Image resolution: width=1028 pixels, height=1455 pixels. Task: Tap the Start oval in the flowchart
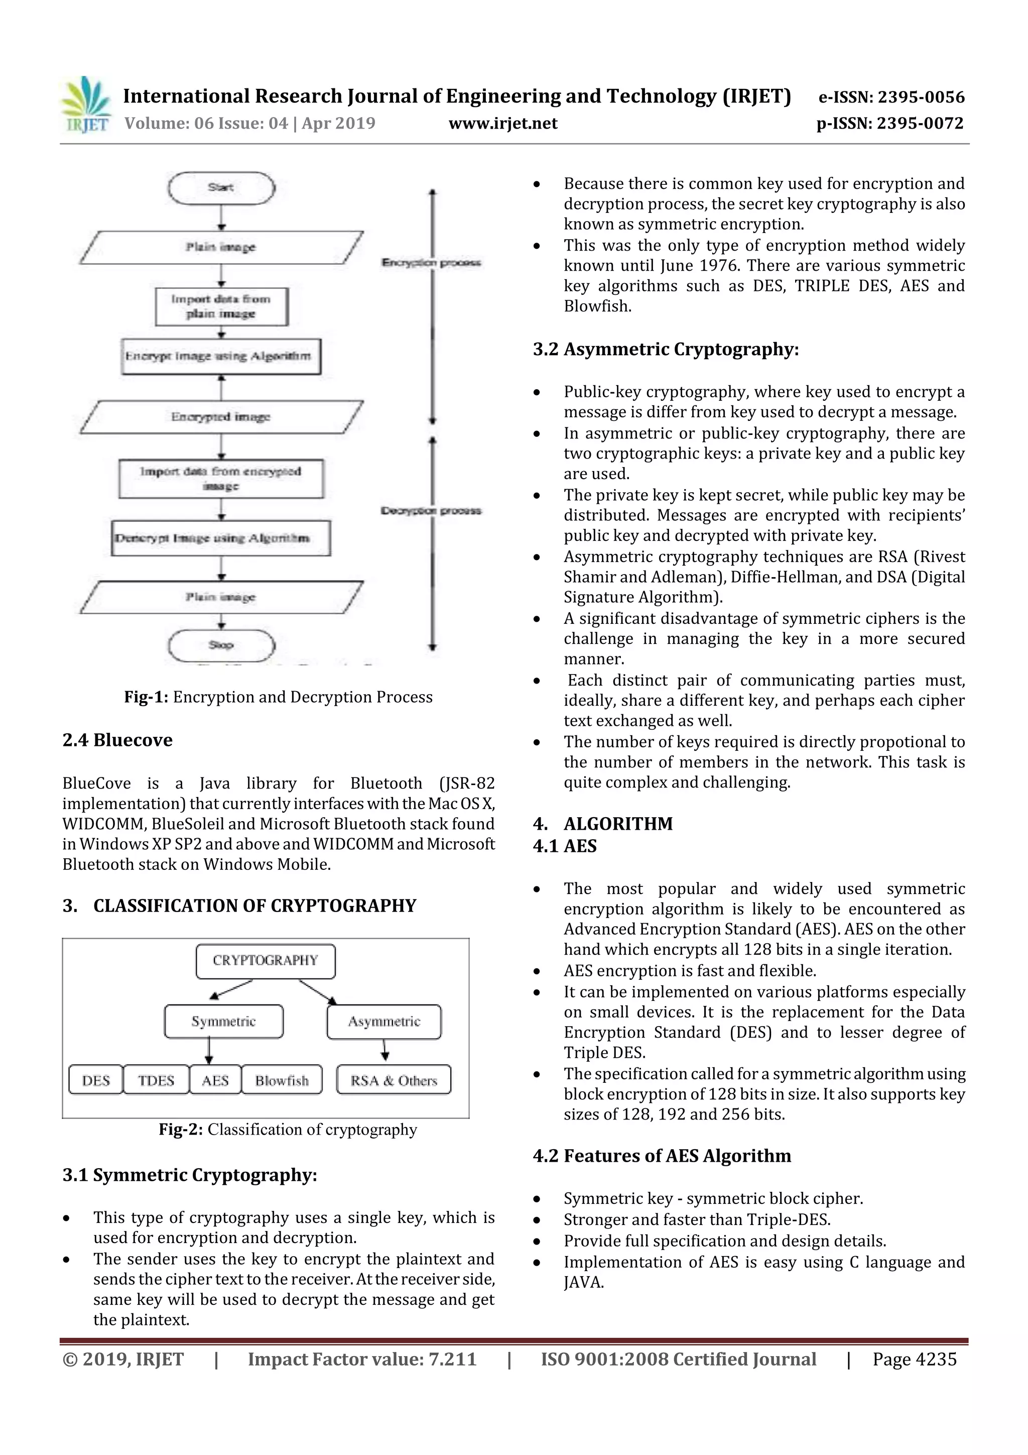click(x=221, y=187)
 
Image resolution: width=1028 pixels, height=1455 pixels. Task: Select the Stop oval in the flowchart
click(x=221, y=645)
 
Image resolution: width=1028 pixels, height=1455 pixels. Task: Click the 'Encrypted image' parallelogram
click(x=221, y=417)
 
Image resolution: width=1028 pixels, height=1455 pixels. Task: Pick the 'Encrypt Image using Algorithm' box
click(x=221, y=356)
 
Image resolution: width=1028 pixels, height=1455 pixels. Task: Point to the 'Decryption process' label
click(x=431, y=511)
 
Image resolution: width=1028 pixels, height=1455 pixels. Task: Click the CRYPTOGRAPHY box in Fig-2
click(x=266, y=961)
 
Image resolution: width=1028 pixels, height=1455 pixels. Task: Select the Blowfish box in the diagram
click(x=282, y=1080)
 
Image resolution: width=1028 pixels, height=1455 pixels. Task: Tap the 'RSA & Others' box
click(x=394, y=1080)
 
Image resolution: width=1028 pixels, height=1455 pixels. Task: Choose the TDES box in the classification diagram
click(x=156, y=1080)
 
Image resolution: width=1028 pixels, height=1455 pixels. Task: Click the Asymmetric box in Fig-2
click(x=384, y=1022)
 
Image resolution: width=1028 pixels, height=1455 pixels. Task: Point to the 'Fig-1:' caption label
click(x=146, y=697)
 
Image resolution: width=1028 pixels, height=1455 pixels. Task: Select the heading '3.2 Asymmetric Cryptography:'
click(x=666, y=349)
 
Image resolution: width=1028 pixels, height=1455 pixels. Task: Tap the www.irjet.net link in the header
click(x=503, y=123)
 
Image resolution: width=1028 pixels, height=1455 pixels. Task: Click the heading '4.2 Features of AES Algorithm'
click(x=662, y=1156)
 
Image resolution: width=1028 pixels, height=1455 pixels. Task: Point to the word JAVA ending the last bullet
click(x=583, y=1283)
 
